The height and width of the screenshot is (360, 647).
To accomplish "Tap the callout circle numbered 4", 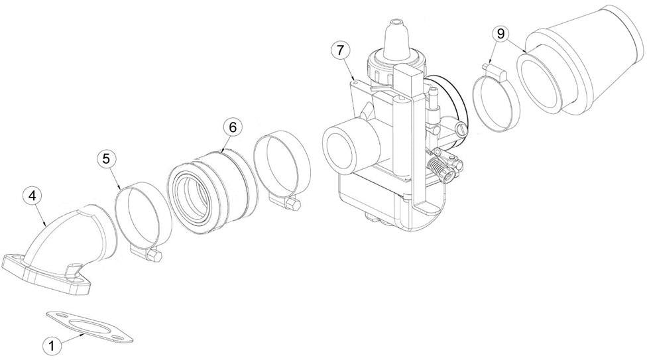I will pos(32,197).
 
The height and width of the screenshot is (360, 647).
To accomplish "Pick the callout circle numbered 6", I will pos(231,127).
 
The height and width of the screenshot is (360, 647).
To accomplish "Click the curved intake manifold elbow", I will pos(73,239).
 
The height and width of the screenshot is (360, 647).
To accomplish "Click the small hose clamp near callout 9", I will pos(498,103).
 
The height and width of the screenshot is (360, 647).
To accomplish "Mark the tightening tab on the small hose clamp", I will pos(492,67).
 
